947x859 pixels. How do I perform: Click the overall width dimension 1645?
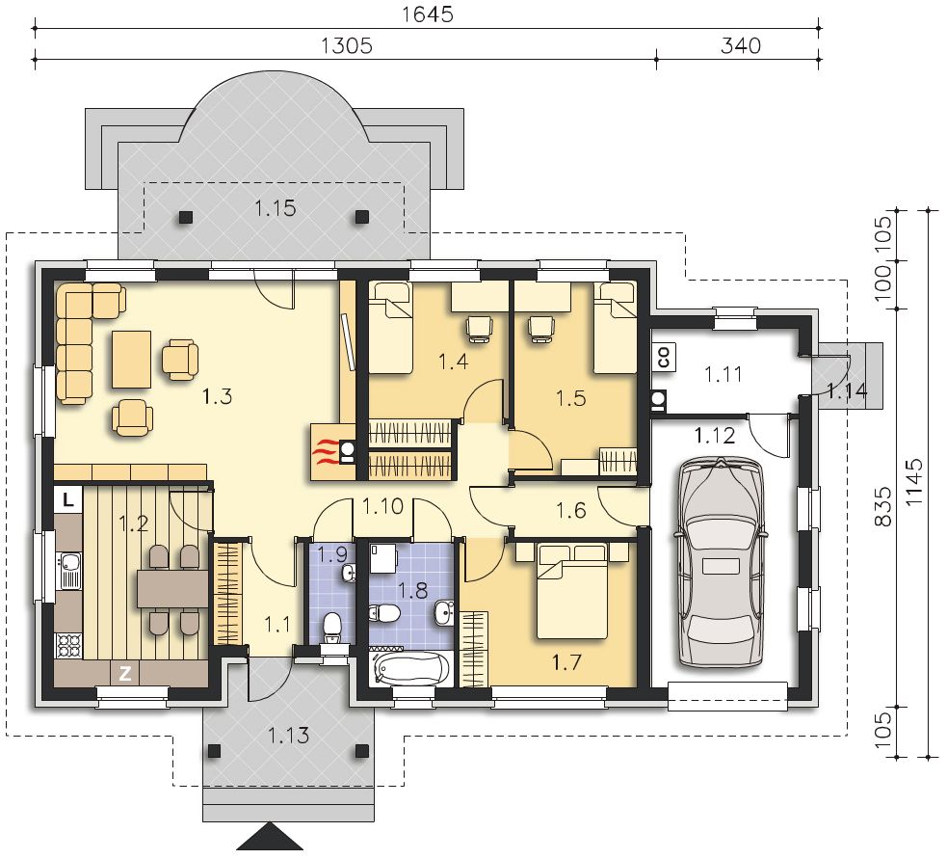(x=428, y=14)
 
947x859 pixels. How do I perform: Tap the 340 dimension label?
(x=741, y=46)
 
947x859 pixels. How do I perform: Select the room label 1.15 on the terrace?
(x=276, y=208)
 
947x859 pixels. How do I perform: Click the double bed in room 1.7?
(x=572, y=591)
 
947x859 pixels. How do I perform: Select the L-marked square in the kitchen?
(x=67, y=500)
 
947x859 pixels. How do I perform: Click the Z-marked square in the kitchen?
(x=125, y=674)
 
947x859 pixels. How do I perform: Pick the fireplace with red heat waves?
(x=332, y=452)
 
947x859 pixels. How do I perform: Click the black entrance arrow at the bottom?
(x=270, y=837)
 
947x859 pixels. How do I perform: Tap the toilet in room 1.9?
(x=332, y=629)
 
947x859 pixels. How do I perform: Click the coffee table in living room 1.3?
(x=131, y=359)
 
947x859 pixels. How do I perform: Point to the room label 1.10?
(x=382, y=506)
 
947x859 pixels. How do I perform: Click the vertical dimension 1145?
(x=915, y=482)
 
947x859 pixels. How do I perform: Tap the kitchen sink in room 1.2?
(x=70, y=572)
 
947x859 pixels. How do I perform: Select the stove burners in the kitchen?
(x=68, y=645)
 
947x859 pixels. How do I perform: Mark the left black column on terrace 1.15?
(x=186, y=217)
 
